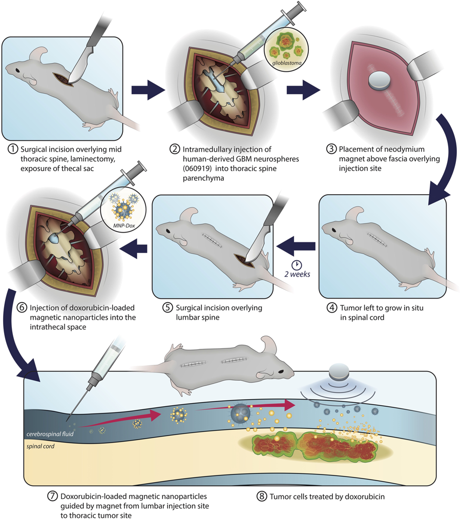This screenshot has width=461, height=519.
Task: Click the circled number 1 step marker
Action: point(13,149)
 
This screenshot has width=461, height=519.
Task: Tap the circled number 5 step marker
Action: point(167,307)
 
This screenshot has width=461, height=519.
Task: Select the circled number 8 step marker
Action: point(261,496)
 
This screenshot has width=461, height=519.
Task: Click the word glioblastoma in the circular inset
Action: point(287,62)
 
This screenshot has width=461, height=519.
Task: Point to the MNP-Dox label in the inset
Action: point(124,225)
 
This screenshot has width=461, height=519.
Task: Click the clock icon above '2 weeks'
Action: point(297,265)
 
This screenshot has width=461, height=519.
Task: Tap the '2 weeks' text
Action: point(297,274)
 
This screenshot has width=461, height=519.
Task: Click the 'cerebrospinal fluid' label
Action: point(50,434)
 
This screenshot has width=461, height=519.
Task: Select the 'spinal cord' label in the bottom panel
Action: point(40,446)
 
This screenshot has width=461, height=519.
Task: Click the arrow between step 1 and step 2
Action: point(148,90)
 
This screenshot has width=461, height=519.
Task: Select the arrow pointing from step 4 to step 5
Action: point(296,246)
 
